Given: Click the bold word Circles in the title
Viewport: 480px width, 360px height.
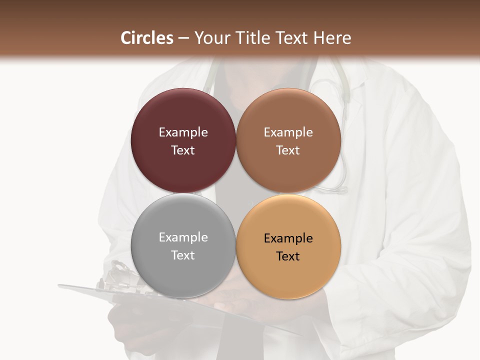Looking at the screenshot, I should [147, 38].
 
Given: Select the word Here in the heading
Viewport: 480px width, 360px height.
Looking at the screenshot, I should [332, 38].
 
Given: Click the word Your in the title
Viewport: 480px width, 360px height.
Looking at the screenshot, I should [211, 38].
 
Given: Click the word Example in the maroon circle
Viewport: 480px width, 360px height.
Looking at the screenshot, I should [183, 132].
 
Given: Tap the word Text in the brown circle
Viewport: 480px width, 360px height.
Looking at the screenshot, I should [288, 150].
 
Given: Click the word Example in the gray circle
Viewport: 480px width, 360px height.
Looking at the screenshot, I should [183, 237].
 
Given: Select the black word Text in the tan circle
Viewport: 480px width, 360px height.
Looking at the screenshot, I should [288, 256].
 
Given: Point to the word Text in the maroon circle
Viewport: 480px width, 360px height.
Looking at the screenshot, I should [183, 150].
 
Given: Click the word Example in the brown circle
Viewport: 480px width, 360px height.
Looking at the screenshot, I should [288, 132].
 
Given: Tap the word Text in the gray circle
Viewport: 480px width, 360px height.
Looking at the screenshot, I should [183, 255].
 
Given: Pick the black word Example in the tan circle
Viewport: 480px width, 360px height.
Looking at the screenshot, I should [288, 238].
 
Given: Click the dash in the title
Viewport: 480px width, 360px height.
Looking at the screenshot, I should [183, 38].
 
